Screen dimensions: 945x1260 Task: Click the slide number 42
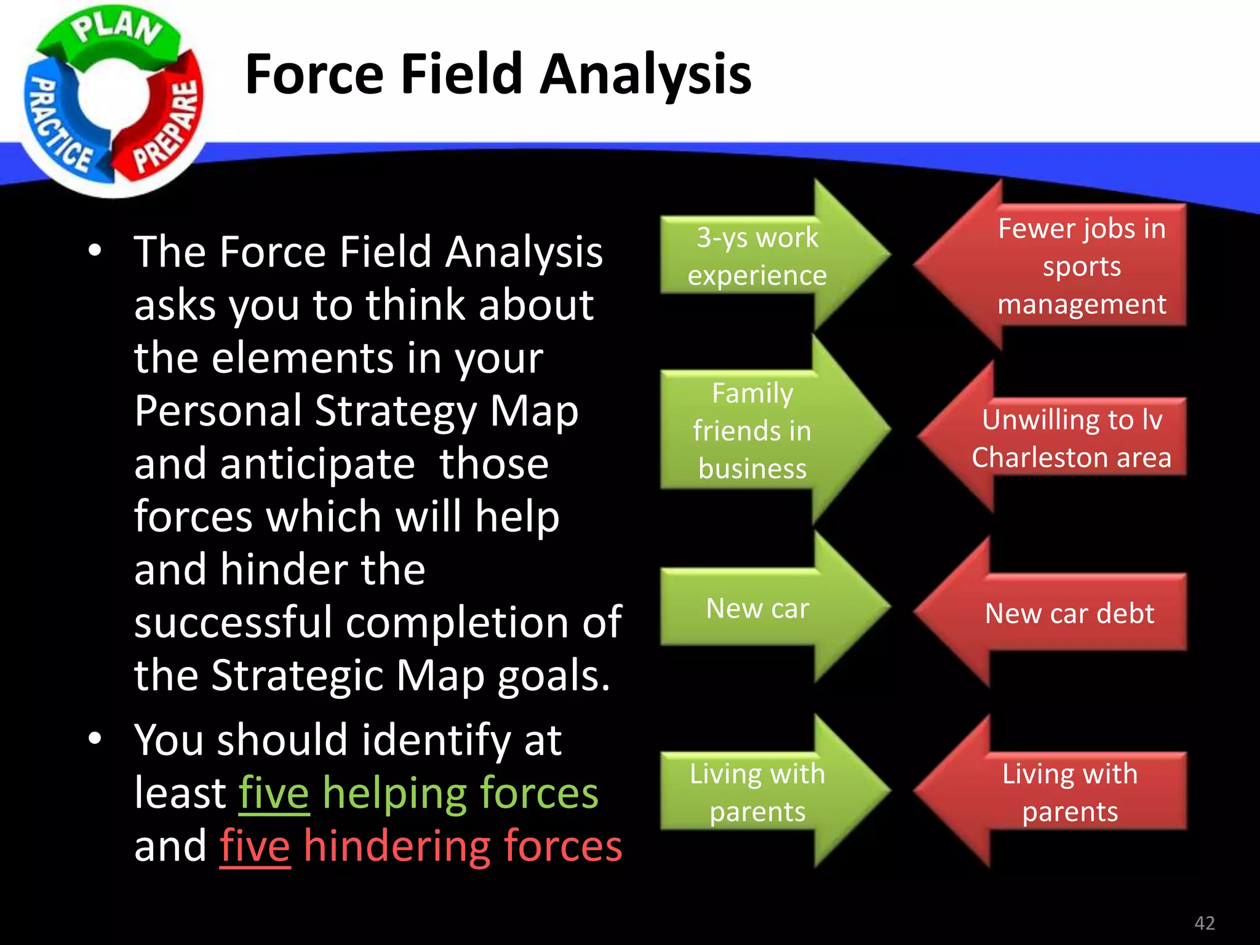(1204, 923)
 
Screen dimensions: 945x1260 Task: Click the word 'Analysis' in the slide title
(645, 74)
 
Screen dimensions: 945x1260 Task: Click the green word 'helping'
(394, 794)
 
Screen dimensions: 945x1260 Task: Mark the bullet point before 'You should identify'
(94, 738)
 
